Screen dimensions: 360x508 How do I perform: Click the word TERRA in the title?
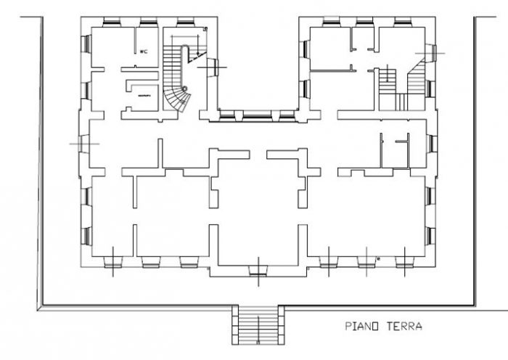(x=401, y=327)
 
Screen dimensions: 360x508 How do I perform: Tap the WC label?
(x=144, y=52)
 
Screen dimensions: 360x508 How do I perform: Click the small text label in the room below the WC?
(x=143, y=95)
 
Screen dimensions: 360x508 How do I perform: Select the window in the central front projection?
(x=258, y=271)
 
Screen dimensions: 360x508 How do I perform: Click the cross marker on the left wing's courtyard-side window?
(x=216, y=66)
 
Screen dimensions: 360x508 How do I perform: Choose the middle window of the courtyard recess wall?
(x=254, y=114)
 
